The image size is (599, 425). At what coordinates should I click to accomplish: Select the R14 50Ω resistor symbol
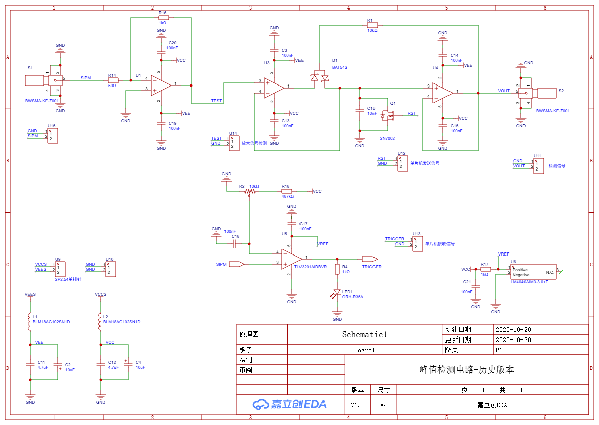[x=113, y=80]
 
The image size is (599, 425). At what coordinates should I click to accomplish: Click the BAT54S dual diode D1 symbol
[x=320, y=77]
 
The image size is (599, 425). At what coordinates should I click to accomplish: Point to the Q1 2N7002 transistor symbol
[x=388, y=116]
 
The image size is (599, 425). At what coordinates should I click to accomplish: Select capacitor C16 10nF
[x=360, y=111]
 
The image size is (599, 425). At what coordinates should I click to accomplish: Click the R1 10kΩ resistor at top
[x=372, y=25]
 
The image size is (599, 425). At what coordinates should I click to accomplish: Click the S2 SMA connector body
[x=547, y=93]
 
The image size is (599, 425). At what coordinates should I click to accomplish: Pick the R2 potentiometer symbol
[x=249, y=191]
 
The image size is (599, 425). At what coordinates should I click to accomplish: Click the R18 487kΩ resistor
[x=286, y=191]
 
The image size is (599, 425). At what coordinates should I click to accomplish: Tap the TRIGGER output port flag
[x=369, y=259]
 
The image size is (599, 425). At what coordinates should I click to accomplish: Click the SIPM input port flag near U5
[x=236, y=264]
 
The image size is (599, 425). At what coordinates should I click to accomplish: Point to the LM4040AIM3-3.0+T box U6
[x=533, y=272]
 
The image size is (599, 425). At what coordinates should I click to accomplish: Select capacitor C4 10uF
[x=128, y=363]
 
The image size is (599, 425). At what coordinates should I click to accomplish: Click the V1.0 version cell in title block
[x=357, y=405]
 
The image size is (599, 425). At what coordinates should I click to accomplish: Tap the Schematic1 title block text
[x=364, y=334]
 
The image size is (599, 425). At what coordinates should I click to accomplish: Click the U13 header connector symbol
[x=417, y=243]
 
